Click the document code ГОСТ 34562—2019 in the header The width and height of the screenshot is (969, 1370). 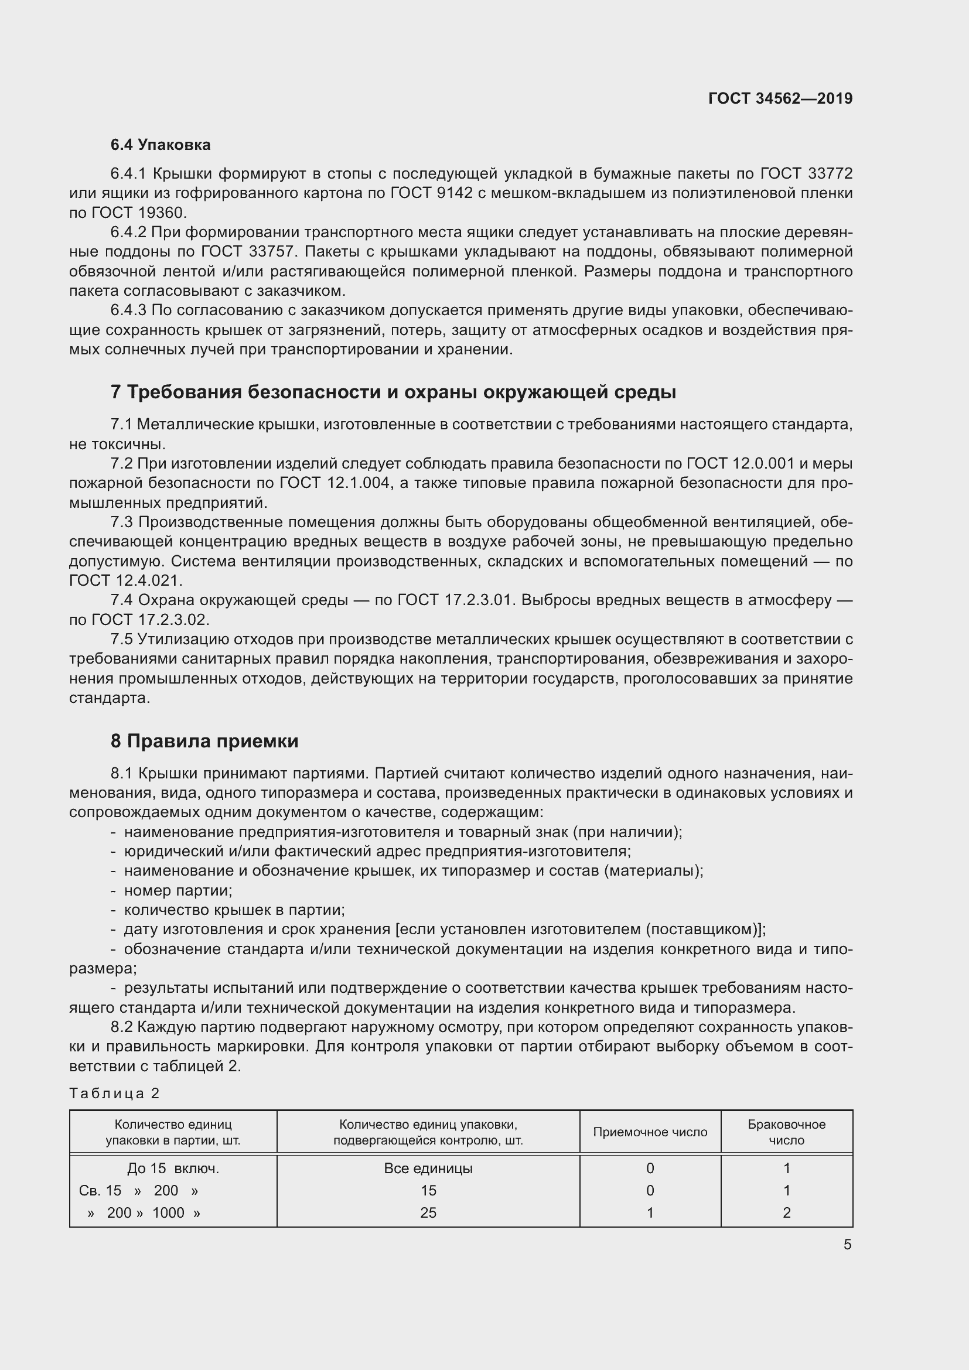[780, 98]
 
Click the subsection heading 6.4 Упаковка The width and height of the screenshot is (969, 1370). [161, 145]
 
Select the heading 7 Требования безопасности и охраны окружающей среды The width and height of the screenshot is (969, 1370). [393, 392]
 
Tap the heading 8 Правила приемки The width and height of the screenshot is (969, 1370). [204, 740]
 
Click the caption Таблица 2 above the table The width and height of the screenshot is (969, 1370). [115, 1093]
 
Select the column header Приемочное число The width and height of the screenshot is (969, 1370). [650, 1132]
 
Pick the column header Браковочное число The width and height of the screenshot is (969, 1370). [786, 1132]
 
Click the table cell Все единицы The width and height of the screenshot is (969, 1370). [428, 1169]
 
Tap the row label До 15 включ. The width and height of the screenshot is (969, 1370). [173, 1169]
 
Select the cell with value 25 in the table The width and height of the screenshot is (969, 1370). [428, 1212]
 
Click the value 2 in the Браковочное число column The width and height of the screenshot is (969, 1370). [786, 1212]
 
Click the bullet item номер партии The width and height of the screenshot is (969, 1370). [178, 890]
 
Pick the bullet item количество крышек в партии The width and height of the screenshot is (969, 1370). [234, 910]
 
